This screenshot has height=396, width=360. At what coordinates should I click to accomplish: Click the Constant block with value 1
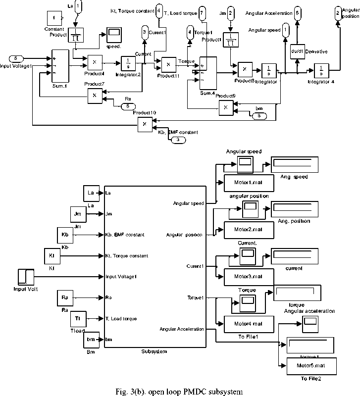[x=53, y=18]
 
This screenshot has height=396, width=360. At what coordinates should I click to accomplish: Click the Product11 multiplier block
[x=168, y=65]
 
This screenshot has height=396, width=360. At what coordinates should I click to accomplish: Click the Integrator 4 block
[x=320, y=70]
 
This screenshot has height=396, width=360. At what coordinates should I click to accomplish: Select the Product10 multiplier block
[x=145, y=123]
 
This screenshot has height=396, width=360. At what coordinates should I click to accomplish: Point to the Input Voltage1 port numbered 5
[x=16, y=59]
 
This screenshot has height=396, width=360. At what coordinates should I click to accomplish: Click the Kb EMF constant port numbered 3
[x=178, y=140]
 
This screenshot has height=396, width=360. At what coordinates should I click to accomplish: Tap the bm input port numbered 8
[x=259, y=115]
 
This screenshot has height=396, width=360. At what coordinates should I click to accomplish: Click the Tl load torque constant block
[x=78, y=317]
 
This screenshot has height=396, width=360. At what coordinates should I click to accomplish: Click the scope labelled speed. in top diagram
[x=113, y=36]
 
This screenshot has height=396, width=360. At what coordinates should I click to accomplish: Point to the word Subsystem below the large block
[x=154, y=351]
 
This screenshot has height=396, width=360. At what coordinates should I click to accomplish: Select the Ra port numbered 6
[x=127, y=106]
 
